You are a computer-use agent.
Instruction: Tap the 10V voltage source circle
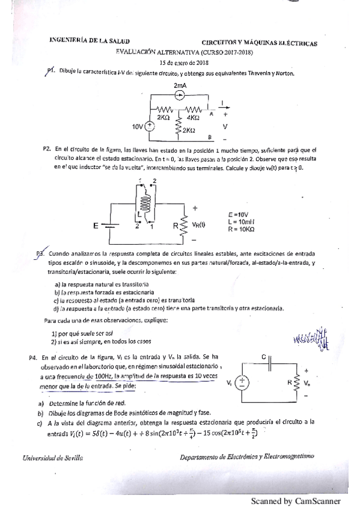pos(148,126)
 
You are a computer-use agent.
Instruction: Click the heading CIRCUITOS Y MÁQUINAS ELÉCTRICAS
pos(259,44)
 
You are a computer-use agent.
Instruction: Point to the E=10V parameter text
pos(239,214)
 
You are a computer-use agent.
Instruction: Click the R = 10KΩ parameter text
pos(242,229)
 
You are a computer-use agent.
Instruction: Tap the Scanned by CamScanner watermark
pos(295,501)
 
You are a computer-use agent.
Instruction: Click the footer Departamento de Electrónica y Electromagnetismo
pos(246,458)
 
